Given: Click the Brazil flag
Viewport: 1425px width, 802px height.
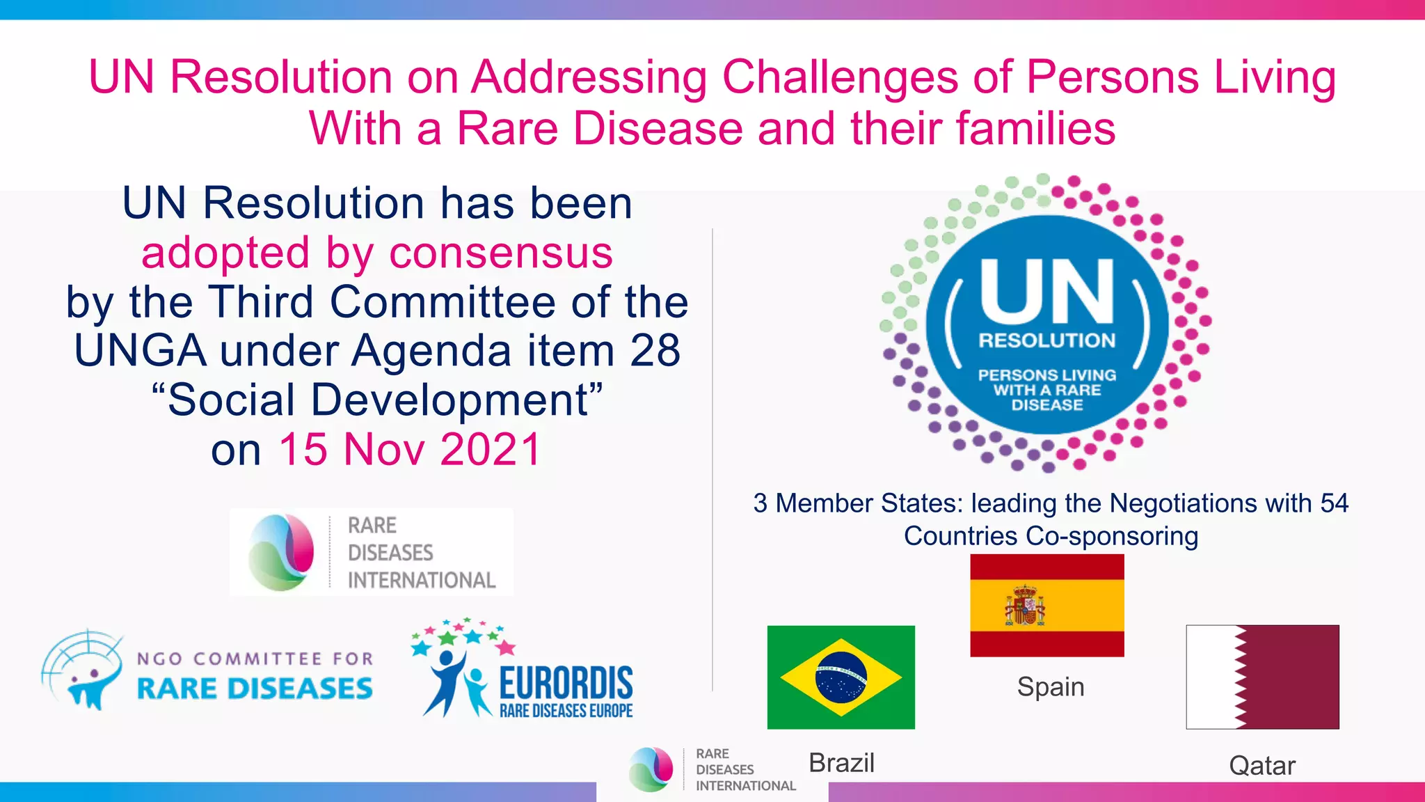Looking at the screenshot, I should [841, 677].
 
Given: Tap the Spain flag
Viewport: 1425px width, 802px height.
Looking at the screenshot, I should [1046, 605].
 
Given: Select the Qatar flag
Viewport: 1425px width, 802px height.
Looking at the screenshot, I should [1262, 677].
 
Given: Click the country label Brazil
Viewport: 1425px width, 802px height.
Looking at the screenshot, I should [841, 763].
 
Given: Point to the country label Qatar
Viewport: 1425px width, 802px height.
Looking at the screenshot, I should [1261, 766].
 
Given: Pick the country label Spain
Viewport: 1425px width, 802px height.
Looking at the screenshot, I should [1050, 687].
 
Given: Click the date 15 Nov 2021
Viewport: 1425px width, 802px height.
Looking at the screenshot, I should [410, 449].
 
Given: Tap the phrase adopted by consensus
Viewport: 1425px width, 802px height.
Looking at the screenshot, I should [377, 252].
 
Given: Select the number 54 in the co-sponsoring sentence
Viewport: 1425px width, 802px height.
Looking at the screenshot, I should [1333, 503].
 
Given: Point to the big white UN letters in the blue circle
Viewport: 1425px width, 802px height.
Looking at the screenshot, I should [1046, 292].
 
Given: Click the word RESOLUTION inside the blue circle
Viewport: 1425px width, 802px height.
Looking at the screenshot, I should [1046, 340].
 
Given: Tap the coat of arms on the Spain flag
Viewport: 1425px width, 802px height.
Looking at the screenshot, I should [1024, 606].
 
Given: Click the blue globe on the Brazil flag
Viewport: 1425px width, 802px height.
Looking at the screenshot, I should [841, 677].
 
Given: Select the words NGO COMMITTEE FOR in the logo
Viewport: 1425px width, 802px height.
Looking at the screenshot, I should [255, 659].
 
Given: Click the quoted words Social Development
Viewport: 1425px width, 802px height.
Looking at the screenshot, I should [378, 400].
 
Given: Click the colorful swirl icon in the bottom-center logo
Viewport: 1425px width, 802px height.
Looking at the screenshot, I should [651, 769].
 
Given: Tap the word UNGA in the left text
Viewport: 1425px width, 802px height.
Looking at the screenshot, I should [141, 350].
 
